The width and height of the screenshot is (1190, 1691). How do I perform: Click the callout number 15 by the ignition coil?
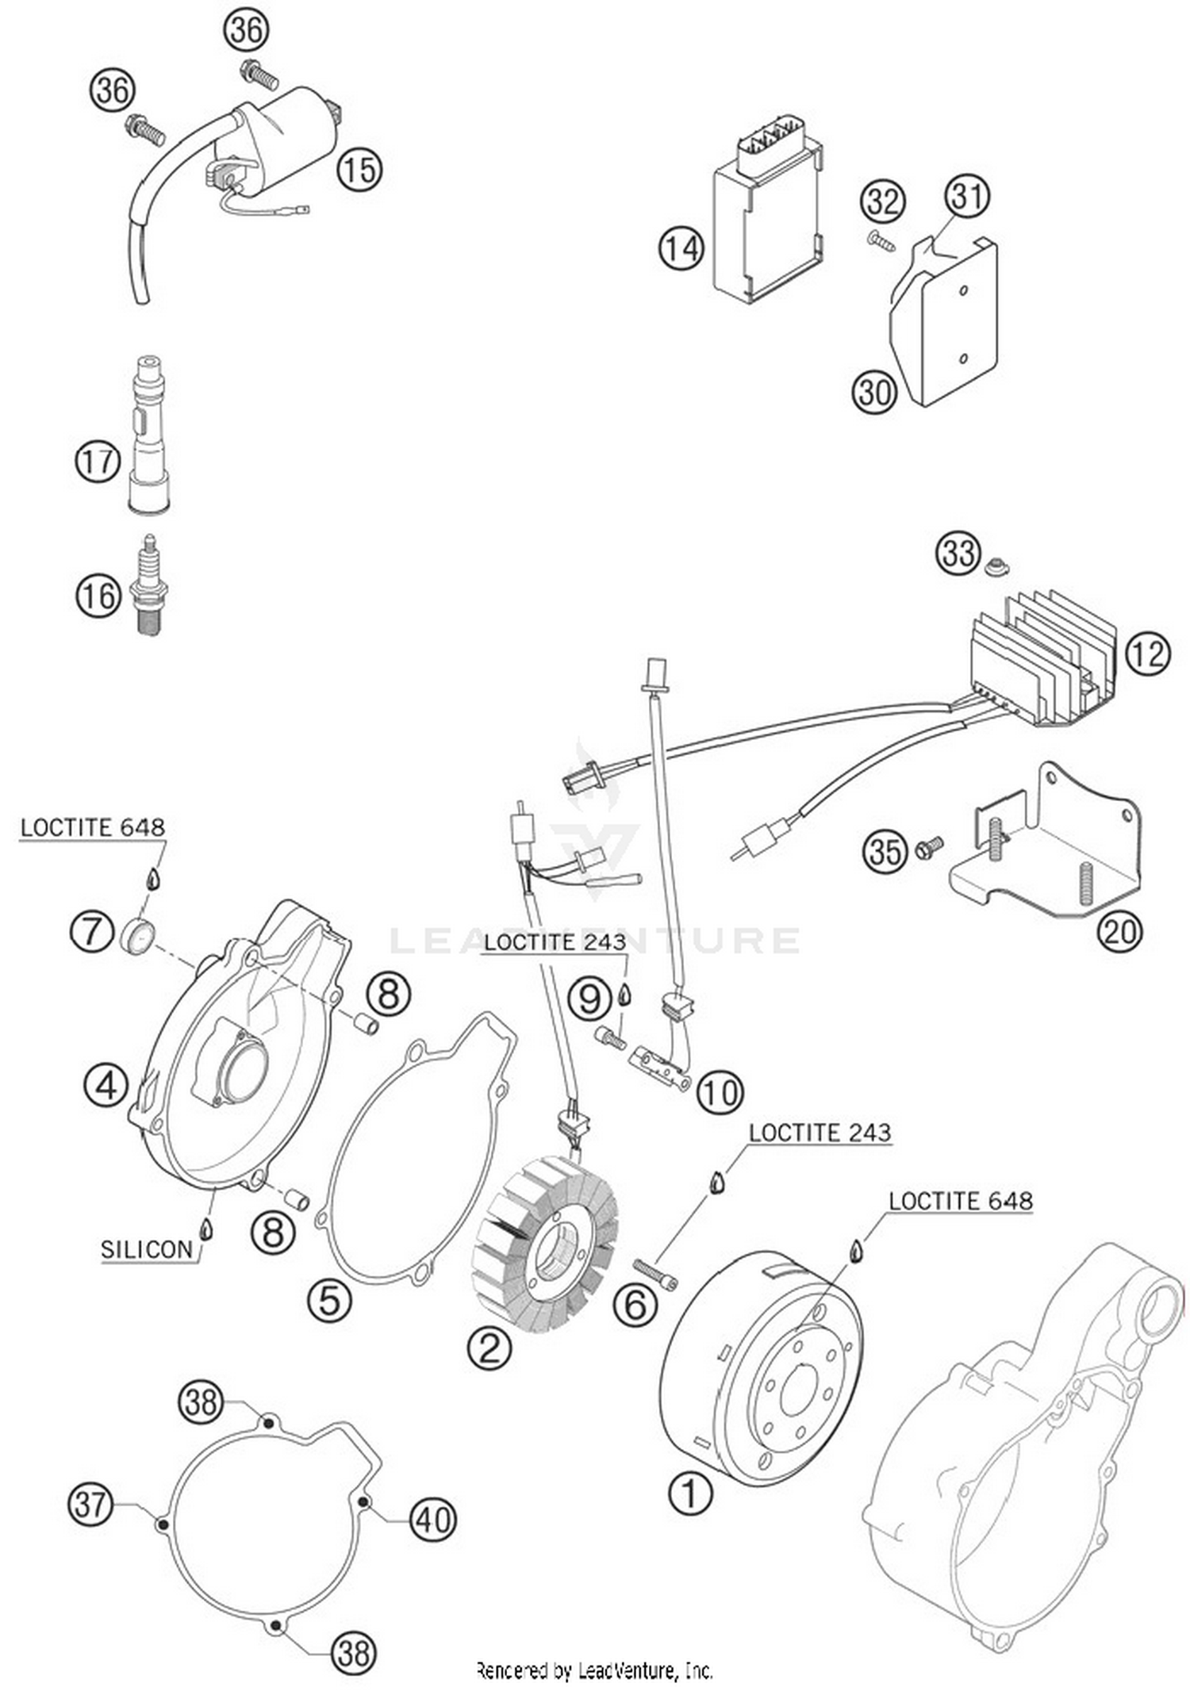click(x=359, y=169)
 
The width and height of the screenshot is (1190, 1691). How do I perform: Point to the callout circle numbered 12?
click(x=1147, y=654)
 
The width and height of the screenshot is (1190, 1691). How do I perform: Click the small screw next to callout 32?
click(x=881, y=240)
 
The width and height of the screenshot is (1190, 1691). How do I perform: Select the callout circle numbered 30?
click(x=874, y=392)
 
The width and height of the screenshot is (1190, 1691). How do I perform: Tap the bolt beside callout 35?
click(x=928, y=846)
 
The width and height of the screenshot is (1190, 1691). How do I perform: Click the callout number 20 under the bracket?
click(x=1119, y=931)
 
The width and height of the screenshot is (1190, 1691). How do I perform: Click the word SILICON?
click(x=147, y=1250)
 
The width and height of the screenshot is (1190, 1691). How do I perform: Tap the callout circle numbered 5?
click(x=330, y=1300)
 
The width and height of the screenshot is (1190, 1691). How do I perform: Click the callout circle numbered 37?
click(x=90, y=1504)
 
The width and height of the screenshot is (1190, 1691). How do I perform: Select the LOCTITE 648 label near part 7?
click(x=92, y=827)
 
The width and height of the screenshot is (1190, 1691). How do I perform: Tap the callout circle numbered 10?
click(x=720, y=1093)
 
